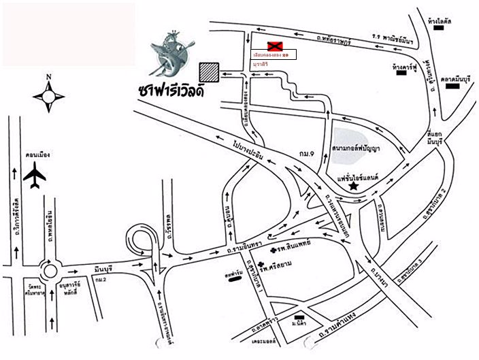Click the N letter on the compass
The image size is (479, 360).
pos(49,77)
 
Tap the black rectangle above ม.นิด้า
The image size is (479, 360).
pos(299,318)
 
